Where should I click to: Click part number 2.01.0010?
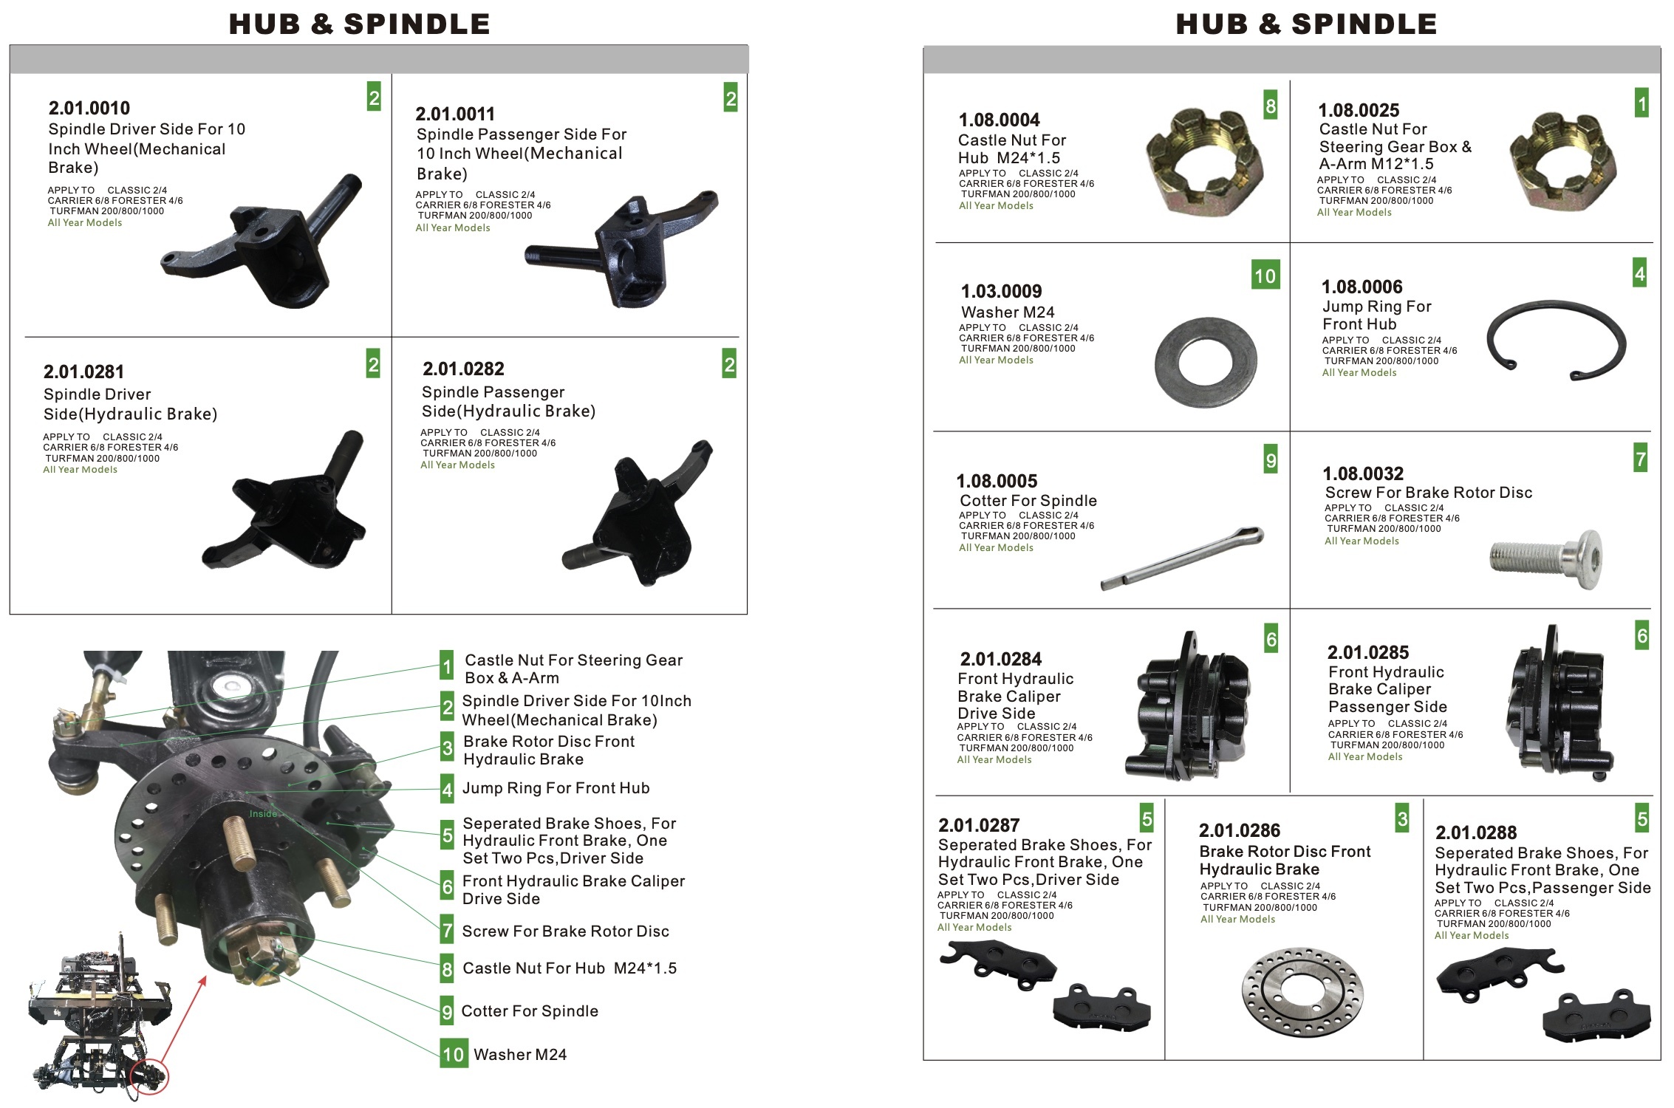tap(89, 108)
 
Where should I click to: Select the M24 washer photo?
tap(1206, 362)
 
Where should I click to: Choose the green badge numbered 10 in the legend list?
tap(454, 1053)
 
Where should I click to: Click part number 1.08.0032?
tap(1363, 473)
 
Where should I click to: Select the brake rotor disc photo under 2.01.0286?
tap(1302, 991)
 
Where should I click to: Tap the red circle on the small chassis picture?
tap(149, 1077)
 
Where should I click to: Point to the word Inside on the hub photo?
tap(263, 814)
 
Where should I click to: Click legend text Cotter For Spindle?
tap(529, 1011)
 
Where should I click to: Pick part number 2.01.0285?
tap(1368, 652)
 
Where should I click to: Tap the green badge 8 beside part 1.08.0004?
tap(1270, 106)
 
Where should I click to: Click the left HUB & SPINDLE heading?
tap(359, 24)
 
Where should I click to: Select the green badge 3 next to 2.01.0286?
tap(1402, 818)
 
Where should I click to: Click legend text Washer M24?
tap(520, 1055)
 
